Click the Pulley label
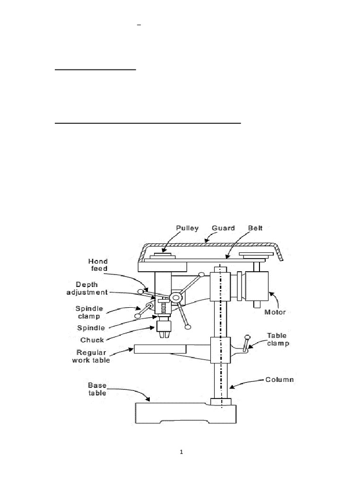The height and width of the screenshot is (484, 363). coord(188,228)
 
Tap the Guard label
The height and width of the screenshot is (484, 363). coord(223,228)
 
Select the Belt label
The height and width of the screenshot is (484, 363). coord(256,228)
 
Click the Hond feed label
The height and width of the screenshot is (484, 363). coord(98,265)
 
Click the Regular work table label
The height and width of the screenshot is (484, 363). coord(93,356)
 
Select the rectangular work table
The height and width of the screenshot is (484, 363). coord(160,349)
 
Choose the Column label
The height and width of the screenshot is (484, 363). coord(279,380)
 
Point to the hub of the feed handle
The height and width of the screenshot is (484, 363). coord(177,298)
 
